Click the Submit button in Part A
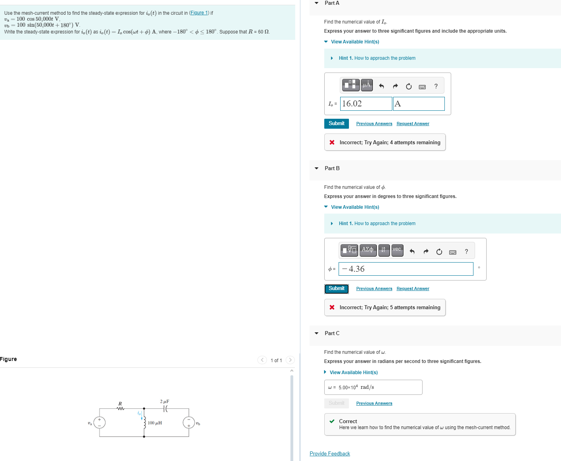click(336, 124)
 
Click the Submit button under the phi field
click(336, 288)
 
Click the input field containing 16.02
click(366, 104)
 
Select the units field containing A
click(419, 104)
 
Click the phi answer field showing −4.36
click(406, 269)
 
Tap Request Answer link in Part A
click(413, 124)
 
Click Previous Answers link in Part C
click(374, 404)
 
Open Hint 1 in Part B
click(377, 224)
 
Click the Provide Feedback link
click(330, 454)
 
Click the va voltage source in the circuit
click(99, 422)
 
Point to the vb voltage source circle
click(189, 422)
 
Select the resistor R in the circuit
click(120, 408)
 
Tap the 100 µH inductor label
click(155, 423)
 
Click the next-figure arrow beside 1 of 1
click(290, 360)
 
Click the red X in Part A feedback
click(332, 142)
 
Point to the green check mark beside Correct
click(332, 421)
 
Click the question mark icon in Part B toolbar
click(466, 251)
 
